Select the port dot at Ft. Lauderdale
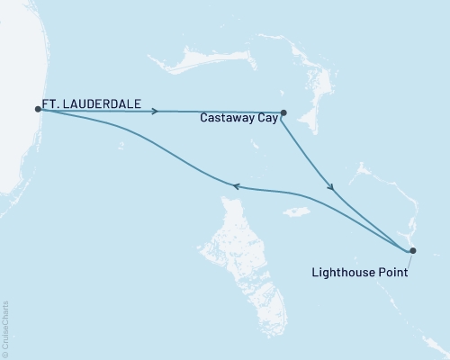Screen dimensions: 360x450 (38, 109)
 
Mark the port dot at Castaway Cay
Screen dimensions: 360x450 (283, 112)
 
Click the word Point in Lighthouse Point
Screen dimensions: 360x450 (393, 271)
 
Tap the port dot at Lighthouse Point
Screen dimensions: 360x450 (413, 250)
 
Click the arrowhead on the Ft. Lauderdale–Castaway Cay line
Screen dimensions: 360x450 (157, 111)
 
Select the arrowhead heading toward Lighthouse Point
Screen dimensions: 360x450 (331, 187)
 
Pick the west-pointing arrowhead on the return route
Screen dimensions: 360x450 (235, 186)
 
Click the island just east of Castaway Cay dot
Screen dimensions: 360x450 (310, 117)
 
